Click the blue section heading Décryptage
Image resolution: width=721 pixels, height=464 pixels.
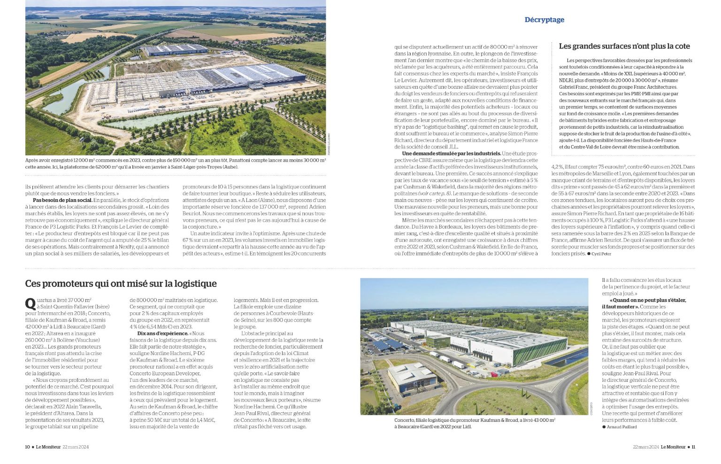tap(544, 20)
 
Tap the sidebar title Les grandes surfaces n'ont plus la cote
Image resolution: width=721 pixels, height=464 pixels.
tap(624, 46)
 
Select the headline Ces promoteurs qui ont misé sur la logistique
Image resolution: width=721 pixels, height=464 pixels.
tap(121, 284)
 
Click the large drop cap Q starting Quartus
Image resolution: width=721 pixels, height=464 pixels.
tap(30, 304)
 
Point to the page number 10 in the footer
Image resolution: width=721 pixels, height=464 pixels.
tap(28, 447)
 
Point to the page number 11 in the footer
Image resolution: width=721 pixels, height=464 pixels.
tap(693, 447)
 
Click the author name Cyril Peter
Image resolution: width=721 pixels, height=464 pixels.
tap(601, 254)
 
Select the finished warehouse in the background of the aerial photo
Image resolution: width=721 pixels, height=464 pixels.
tap(176, 49)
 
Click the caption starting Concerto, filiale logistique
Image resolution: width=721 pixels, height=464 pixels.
tap(474, 423)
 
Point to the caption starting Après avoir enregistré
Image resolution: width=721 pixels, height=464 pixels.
tap(175, 163)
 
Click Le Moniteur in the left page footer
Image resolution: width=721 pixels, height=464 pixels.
tap(48, 447)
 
